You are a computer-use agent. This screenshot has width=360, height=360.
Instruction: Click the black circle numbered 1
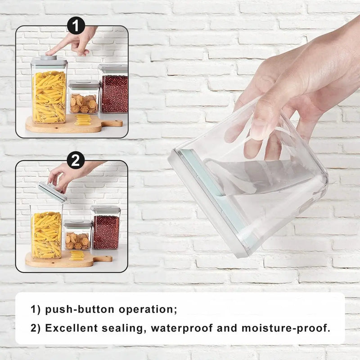tap(76, 25)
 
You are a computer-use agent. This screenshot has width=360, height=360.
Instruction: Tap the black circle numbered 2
tap(76, 160)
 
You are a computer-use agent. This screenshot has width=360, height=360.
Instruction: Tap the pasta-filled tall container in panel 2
tap(46, 232)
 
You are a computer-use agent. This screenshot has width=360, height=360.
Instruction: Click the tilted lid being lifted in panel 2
tap(52, 192)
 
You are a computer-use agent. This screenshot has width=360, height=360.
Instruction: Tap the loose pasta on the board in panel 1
tap(83, 120)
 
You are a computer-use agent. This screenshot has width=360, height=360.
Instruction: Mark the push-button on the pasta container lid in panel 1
tap(49, 58)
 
